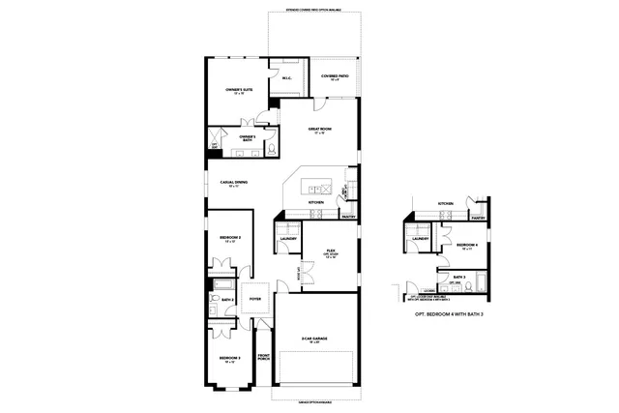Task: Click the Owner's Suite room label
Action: [x=239, y=90]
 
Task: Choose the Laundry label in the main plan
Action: [x=286, y=238]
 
